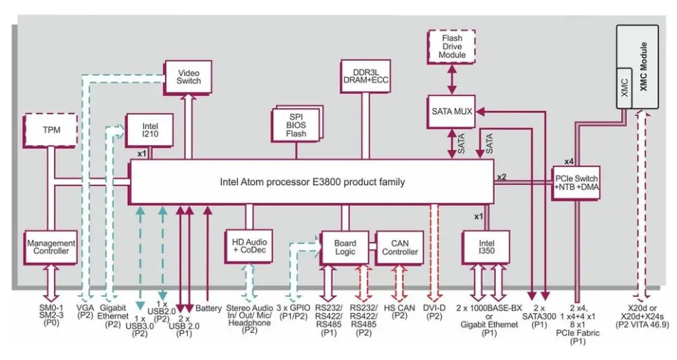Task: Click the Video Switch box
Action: pyautogui.click(x=189, y=75)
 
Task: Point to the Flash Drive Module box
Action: pyautogui.click(x=454, y=45)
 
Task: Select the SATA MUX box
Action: pyautogui.click(x=453, y=111)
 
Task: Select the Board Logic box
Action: pyautogui.click(x=345, y=246)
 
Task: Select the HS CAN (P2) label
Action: pyautogui.click(x=398, y=312)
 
